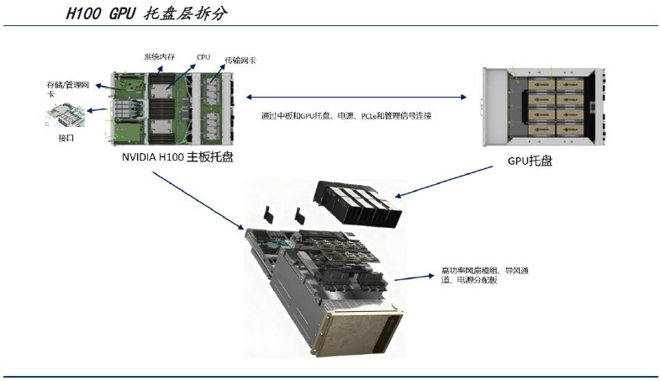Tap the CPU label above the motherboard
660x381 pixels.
pos(203,57)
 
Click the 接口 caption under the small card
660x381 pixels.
pos(66,137)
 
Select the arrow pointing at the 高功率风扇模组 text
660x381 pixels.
pos(414,276)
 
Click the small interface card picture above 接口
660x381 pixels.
pos(65,114)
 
